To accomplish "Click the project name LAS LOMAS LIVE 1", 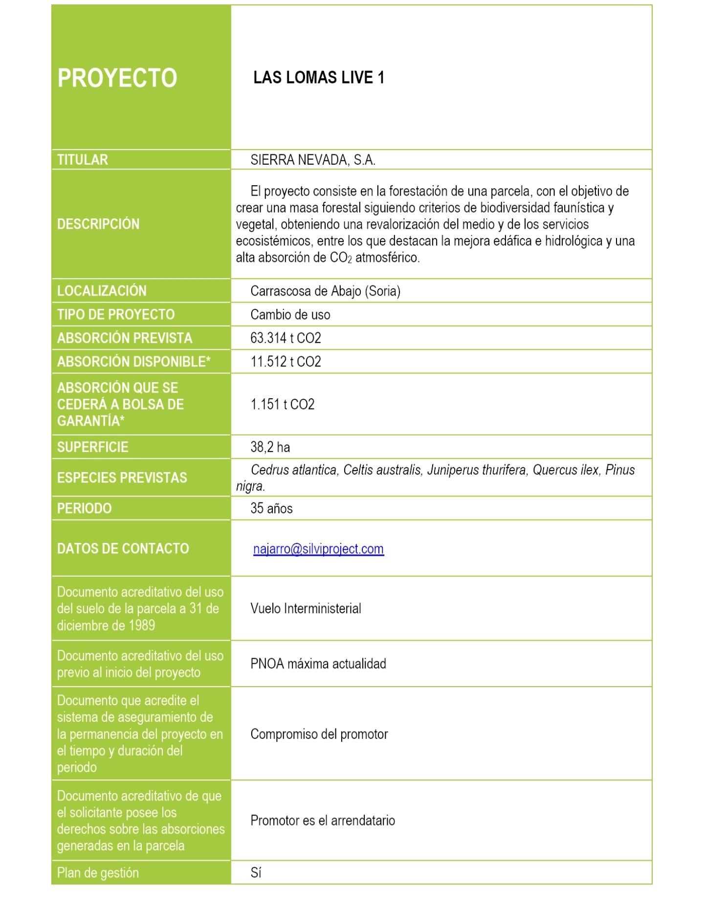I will tap(318, 78).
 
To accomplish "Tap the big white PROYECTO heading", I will tap(117, 78).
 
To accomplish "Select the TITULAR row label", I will tap(83, 160).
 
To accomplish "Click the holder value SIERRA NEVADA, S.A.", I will tap(313, 160).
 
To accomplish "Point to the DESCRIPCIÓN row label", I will tap(98, 224).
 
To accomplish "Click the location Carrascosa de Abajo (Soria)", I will tap(325, 291).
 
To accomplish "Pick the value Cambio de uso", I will tap(290, 314).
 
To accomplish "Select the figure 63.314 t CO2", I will tap(286, 338).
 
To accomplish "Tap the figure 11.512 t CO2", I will tap(286, 362).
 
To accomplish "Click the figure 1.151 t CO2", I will tap(283, 404).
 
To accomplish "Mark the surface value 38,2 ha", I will tap(270, 447).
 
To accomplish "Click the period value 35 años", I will tap(271, 508).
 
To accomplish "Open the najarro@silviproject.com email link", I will tap(318, 549).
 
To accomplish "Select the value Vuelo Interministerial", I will tap(306, 608).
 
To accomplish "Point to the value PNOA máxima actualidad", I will tap(318, 664).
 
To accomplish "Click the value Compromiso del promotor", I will tap(319, 734).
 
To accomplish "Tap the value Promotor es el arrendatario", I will tap(323, 820).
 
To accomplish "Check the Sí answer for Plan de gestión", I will tap(256, 873).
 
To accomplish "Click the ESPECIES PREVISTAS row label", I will tap(122, 477).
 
